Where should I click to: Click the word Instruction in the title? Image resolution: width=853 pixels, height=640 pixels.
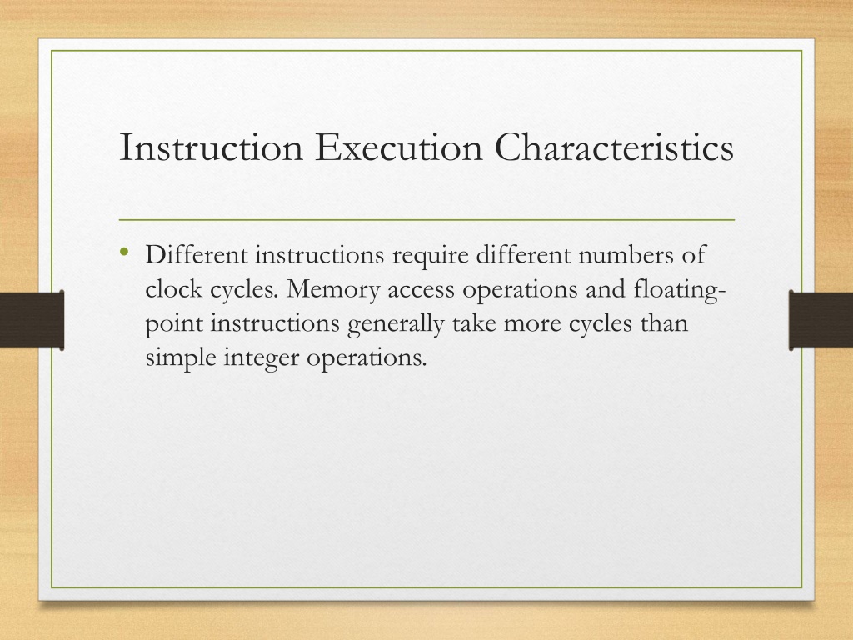click(211, 147)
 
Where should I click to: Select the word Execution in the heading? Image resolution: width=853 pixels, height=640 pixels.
click(399, 147)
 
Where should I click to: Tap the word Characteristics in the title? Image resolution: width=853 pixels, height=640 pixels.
click(614, 147)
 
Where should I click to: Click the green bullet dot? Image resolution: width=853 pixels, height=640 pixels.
click(125, 252)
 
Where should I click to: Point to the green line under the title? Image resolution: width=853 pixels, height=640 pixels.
click(426, 220)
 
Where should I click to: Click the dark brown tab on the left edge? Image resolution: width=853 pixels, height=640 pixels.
click(32, 320)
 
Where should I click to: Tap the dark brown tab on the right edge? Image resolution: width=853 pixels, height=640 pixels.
click(821, 320)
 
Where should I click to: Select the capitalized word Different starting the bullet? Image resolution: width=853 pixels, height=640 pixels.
click(197, 254)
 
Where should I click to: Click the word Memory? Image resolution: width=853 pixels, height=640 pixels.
click(333, 289)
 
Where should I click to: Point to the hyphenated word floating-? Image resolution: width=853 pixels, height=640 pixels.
click(680, 289)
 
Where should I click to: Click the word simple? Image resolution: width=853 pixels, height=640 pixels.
click(181, 358)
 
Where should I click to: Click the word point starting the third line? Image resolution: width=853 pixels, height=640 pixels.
click(174, 324)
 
